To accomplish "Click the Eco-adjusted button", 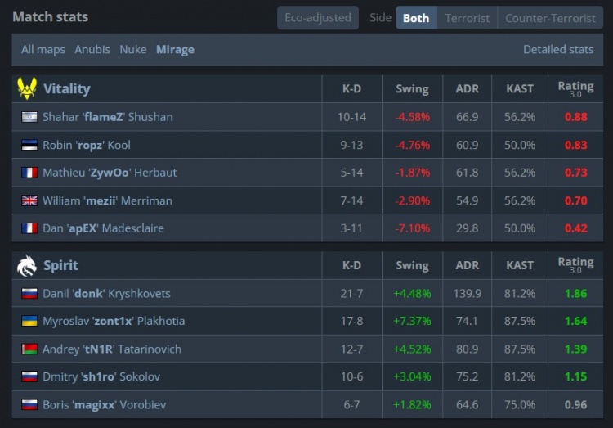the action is coord(318,18).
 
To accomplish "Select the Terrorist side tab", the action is coord(468,18).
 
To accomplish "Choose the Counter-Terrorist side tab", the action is coord(550,18).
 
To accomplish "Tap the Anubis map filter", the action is coord(92,50).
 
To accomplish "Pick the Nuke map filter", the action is coord(133,50).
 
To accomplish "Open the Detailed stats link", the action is coord(558,50).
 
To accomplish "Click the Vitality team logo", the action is coord(27,88).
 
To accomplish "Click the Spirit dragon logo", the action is coord(27,265).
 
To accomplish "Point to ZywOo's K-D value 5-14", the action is coord(351,173).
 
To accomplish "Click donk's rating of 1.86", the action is coord(575,293).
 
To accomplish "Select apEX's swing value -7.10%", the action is coord(413,228).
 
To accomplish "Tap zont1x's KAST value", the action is coord(520,321).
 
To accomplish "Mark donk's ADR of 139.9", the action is coord(468,293).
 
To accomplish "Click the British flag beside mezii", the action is coord(29,200).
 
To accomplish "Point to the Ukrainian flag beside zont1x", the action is coord(29,321).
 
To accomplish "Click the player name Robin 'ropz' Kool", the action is coord(87,146).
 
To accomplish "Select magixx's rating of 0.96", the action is coord(575,404).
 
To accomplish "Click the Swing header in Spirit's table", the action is coord(412,265).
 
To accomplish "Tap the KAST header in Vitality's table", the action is coord(520,89).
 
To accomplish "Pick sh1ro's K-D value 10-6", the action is coord(351,376).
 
